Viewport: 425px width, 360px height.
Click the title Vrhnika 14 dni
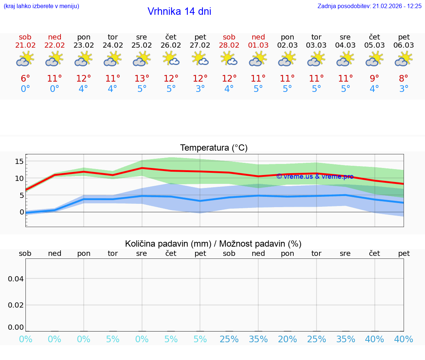pos(179,11)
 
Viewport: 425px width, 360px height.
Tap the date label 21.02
pos(25,45)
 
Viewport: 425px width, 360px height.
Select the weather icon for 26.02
pos(171,58)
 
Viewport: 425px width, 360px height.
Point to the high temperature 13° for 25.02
pos(142,79)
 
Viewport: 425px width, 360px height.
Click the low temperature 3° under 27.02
pos(200,89)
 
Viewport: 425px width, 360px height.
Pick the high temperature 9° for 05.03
pos(374,79)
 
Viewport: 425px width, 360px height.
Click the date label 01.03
pos(258,45)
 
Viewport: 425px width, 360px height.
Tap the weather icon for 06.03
pos(404,58)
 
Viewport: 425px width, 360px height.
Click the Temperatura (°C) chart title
pos(214,148)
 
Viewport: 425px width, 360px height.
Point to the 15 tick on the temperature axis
pos(19,161)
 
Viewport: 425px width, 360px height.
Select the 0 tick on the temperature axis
pos(22,212)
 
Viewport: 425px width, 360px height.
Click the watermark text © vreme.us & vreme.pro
pos(315,176)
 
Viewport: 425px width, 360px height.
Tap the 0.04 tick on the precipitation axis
pos(16,279)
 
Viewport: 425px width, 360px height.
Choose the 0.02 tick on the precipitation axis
pos(16,305)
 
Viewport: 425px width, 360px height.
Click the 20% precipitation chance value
pos(287,339)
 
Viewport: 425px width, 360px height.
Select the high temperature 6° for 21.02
pos(25,79)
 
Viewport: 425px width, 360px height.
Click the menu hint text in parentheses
pos(41,6)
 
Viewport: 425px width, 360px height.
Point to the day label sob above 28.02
pos(229,37)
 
